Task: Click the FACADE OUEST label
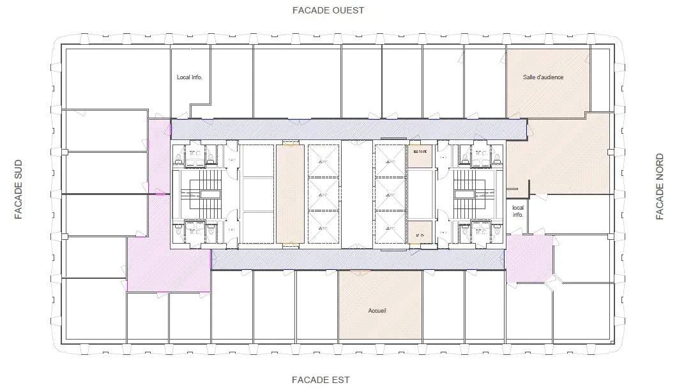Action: coord(328,10)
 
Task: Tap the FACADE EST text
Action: coord(321,380)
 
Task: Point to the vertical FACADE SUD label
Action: coord(19,189)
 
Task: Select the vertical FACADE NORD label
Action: coord(660,187)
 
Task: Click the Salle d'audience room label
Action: coord(543,77)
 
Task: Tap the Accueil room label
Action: coord(377,311)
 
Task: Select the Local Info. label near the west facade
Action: coord(189,77)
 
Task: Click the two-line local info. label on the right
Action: coord(517,211)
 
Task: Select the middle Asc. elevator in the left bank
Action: coord(323,193)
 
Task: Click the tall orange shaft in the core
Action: coord(289,194)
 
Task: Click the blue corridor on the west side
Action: coord(348,128)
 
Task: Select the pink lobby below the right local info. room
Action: coord(529,258)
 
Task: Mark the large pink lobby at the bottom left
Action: coord(167,263)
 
